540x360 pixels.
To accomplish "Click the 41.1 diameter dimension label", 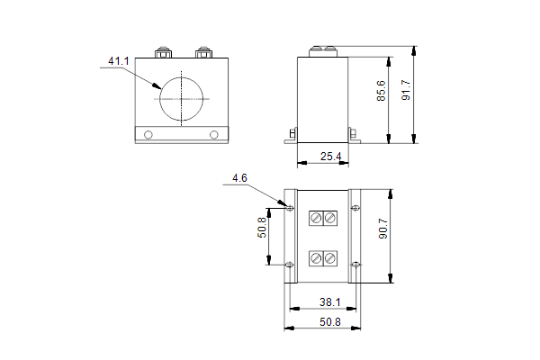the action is (119, 61).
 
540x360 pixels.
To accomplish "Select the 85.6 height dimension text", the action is (382, 91).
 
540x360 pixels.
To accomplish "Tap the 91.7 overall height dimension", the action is (406, 90).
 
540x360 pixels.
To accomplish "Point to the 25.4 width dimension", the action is (330, 157).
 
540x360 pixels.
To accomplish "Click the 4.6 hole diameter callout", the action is (239, 178).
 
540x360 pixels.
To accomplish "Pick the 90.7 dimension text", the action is (383, 229).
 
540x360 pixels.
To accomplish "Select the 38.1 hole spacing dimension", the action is (330, 302).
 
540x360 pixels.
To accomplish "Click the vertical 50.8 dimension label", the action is (262, 228).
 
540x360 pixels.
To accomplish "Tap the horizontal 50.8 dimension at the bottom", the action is (330, 322).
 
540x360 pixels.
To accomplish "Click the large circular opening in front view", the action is (159, 99).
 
